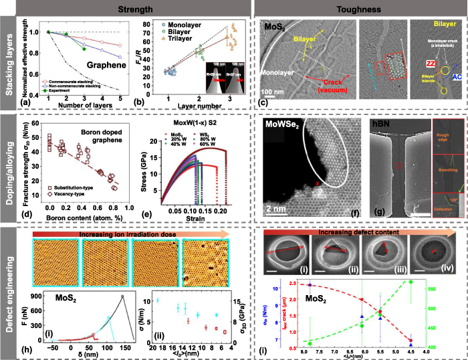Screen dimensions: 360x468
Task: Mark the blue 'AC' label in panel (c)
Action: (455, 78)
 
